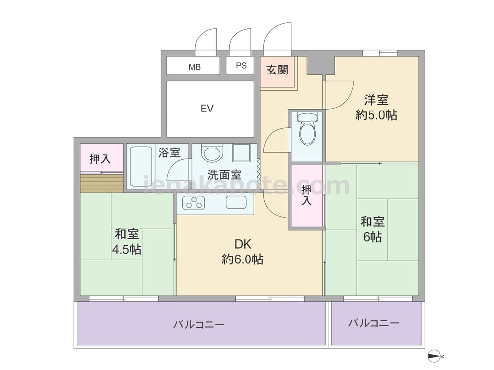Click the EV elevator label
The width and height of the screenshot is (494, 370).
[x=207, y=109]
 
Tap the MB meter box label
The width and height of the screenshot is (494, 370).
[x=194, y=67]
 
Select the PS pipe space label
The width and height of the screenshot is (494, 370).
[x=241, y=66]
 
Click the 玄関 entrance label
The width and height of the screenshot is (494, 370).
[x=277, y=70]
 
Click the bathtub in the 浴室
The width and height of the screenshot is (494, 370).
[x=140, y=166]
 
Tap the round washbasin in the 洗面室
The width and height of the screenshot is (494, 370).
[x=212, y=154]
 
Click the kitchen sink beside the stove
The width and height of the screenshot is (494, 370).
[x=236, y=202]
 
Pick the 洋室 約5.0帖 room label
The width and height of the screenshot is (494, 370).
[x=376, y=108]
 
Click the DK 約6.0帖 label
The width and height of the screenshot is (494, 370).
[x=243, y=252]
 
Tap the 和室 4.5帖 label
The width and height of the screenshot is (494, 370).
[x=126, y=242]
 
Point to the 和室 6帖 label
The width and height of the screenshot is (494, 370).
[x=372, y=229]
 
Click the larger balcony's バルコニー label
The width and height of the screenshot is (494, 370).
[x=199, y=324]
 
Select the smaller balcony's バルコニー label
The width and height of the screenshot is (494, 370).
[x=373, y=323]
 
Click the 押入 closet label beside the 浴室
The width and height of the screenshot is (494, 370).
[x=100, y=159]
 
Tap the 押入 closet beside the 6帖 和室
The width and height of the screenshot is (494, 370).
[x=307, y=196]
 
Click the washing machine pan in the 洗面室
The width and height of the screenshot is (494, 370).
[x=242, y=153]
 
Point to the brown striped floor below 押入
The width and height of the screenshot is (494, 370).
[x=101, y=184]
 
